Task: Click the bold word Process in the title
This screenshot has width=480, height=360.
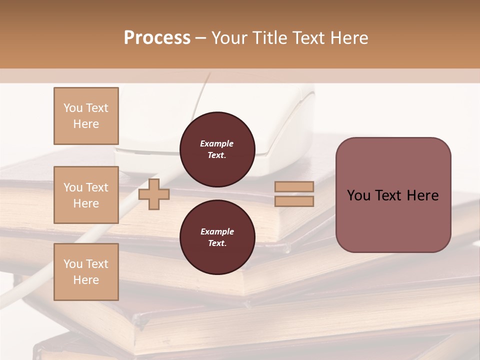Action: click(157, 38)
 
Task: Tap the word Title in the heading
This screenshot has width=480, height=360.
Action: click(268, 38)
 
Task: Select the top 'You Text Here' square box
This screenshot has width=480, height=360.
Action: click(86, 116)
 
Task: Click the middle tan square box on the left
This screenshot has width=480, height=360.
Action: click(86, 195)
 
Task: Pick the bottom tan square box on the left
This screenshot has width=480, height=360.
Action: click(86, 272)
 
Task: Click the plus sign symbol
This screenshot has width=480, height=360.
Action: click(154, 194)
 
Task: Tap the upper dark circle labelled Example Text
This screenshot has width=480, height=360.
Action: click(217, 149)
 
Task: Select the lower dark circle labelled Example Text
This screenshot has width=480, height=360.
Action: click(217, 237)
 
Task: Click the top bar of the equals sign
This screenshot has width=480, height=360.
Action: click(294, 186)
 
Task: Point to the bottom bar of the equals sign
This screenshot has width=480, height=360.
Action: click(294, 201)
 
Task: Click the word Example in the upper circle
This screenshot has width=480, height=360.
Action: click(217, 143)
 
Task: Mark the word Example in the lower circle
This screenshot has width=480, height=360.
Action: click(217, 231)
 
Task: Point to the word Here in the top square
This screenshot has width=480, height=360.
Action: click(86, 124)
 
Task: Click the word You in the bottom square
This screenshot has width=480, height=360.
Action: click(73, 264)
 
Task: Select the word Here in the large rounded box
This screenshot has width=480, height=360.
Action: click(422, 195)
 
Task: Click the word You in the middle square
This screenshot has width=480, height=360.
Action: click(73, 187)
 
